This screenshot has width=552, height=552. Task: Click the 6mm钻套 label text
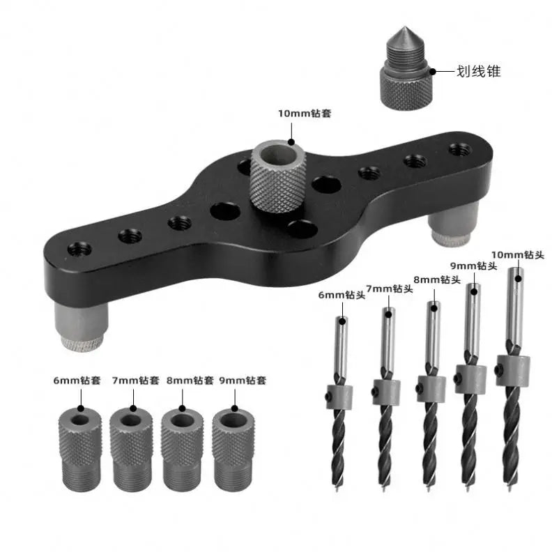click(77, 381)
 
